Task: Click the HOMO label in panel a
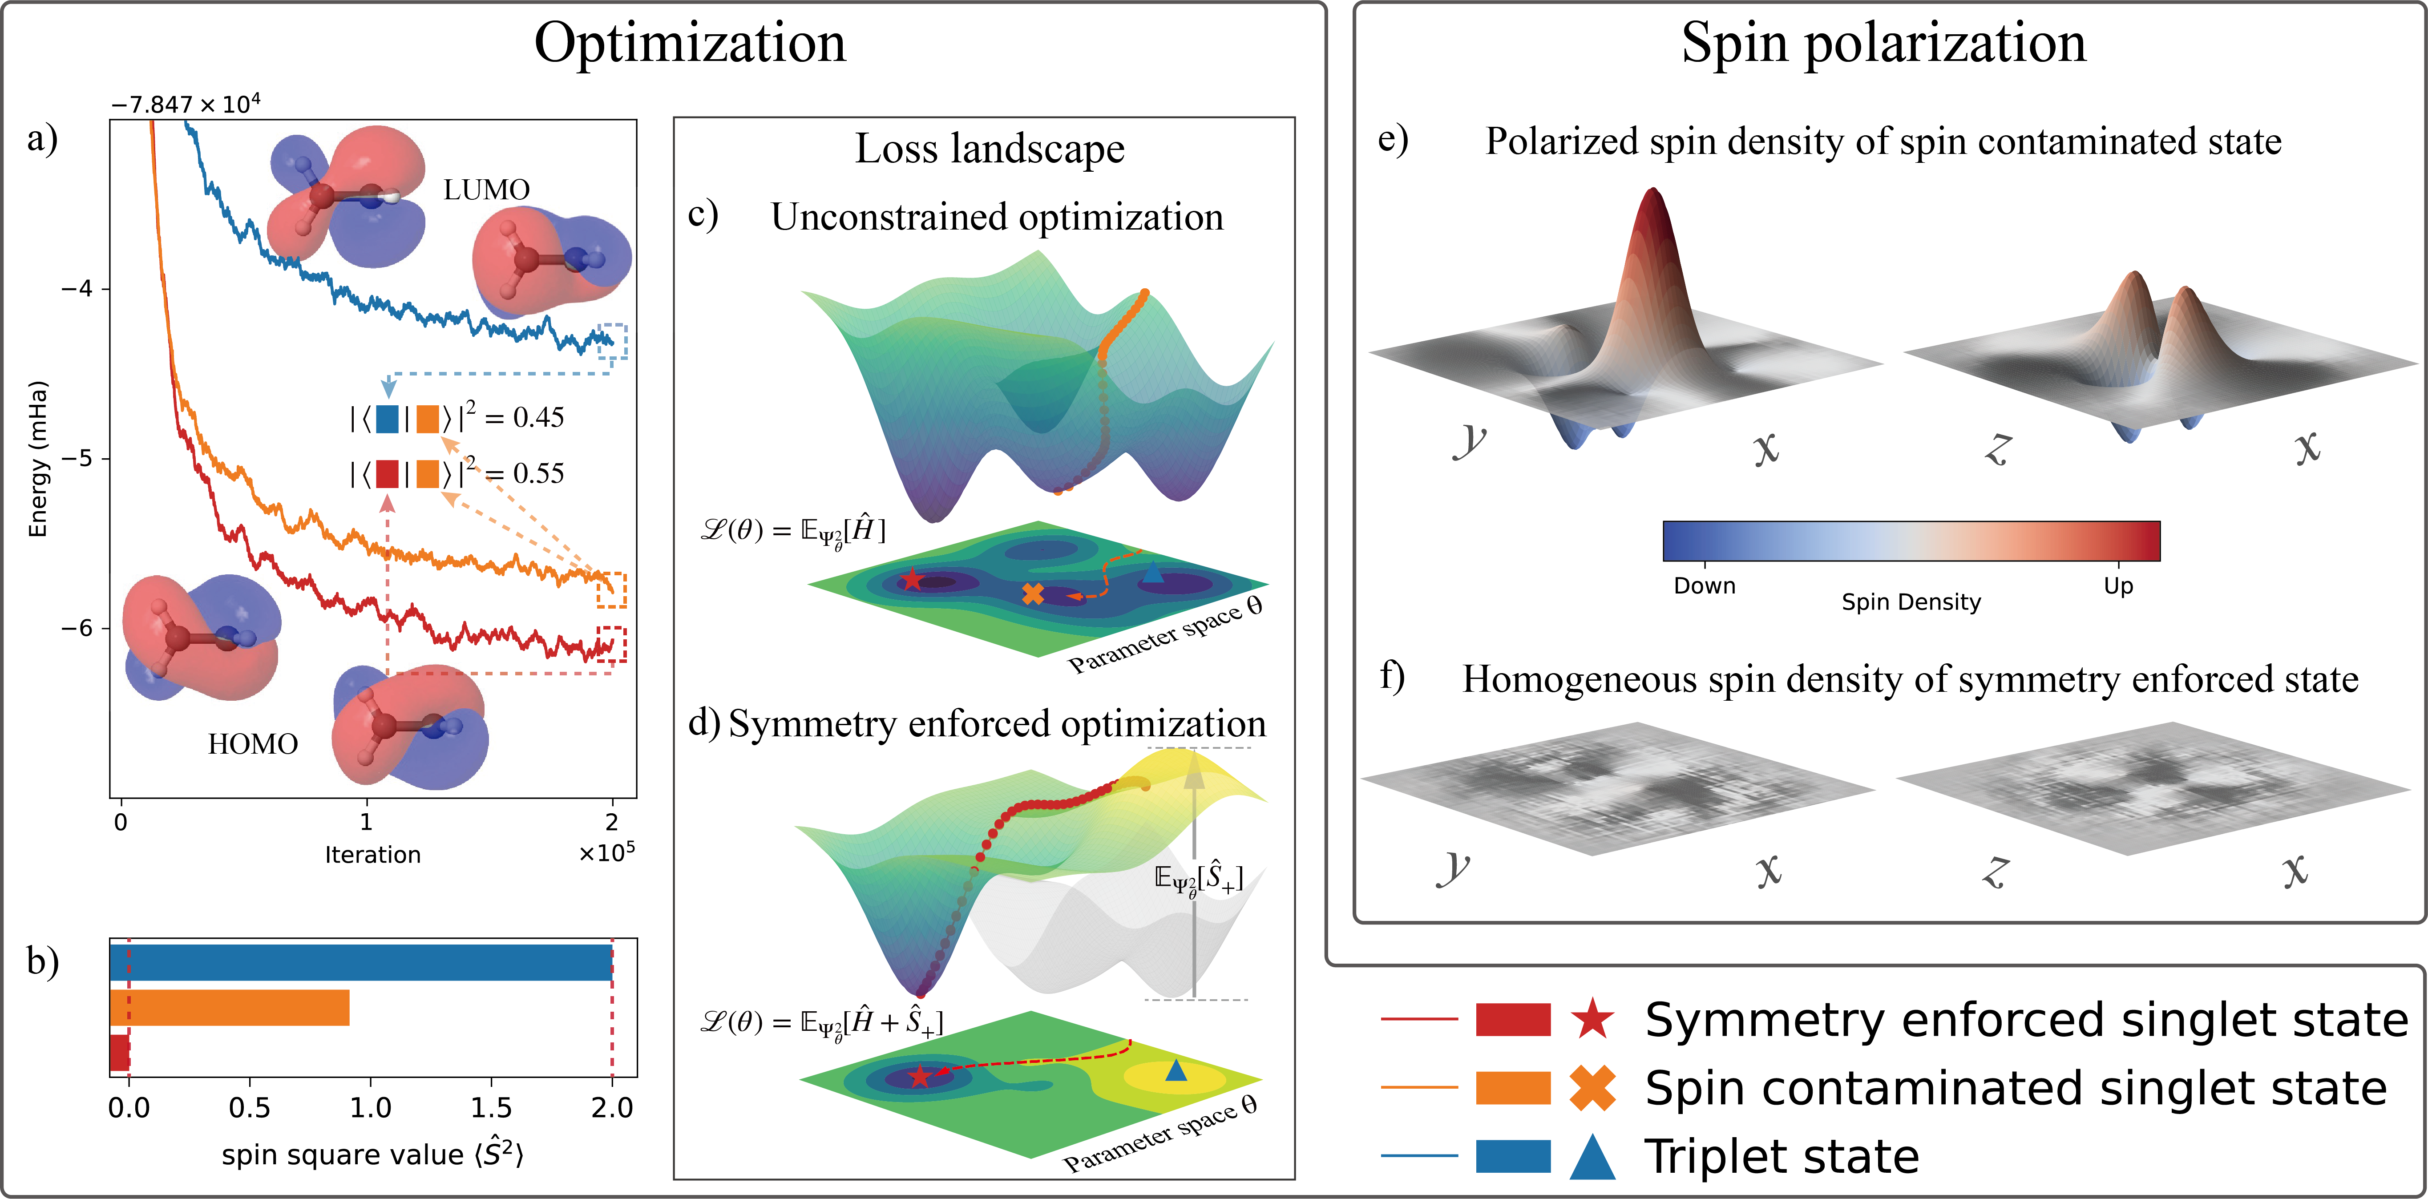click(x=253, y=745)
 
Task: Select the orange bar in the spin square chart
click(x=229, y=1008)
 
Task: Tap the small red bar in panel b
click(x=119, y=1053)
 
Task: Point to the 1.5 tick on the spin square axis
click(x=491, y=1107)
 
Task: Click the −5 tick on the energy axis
click(x=77, y=459)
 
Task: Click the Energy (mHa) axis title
click(x=38, y=459)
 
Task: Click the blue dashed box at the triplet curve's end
click(x=613, y=341)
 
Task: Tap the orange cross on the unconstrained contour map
click(x=1033, y=594)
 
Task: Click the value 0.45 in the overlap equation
click(x=538, y=418)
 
